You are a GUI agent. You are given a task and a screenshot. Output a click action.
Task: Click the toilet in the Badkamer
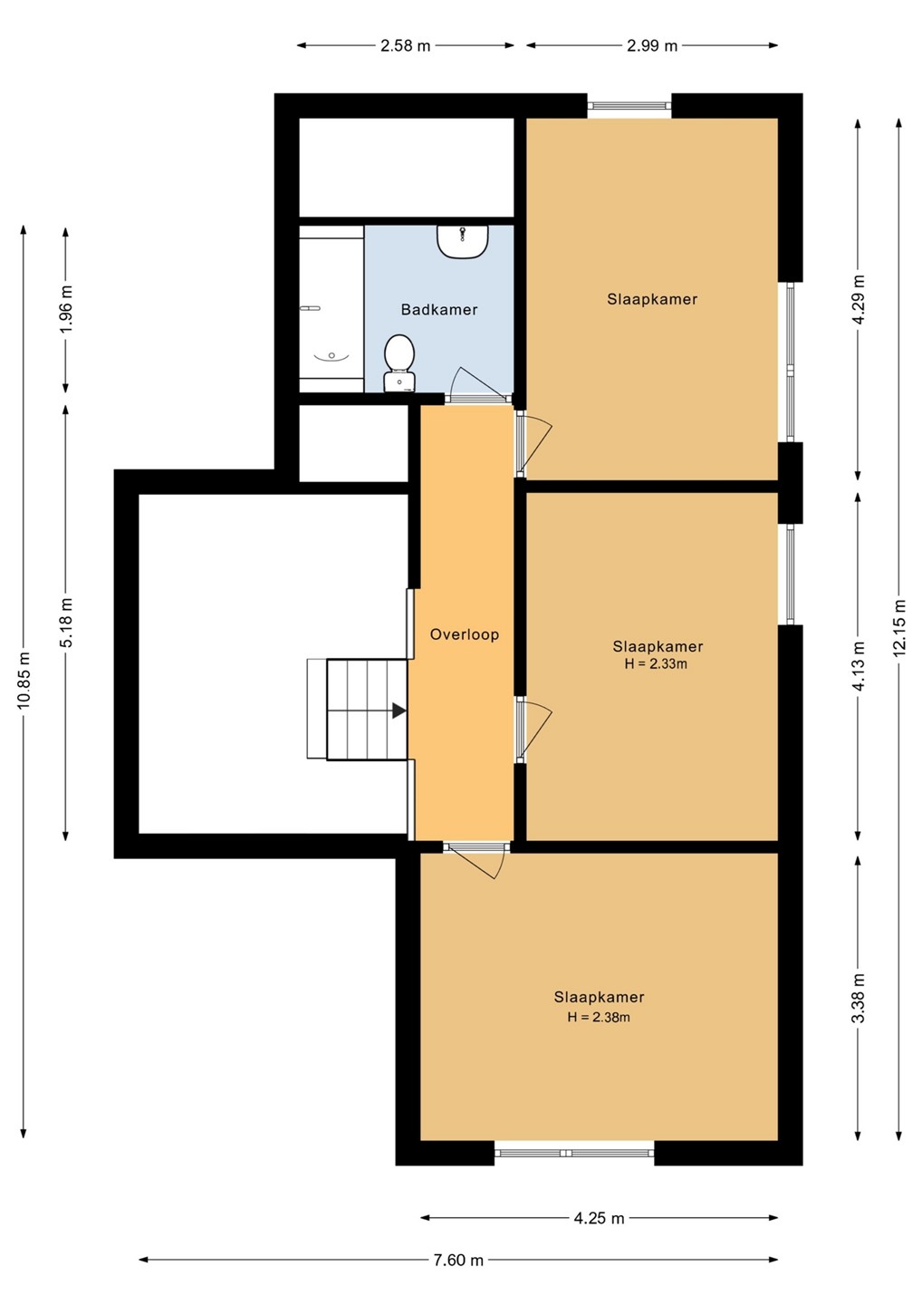click(399, 362)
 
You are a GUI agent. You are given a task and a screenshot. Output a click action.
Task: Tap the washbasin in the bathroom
click(463, 242)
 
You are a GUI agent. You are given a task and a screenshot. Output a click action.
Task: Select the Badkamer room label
click(439, 309)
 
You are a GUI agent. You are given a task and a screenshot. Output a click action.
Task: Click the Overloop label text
click(465, 634)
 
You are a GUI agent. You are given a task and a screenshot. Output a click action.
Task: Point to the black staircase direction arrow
click(399, 710)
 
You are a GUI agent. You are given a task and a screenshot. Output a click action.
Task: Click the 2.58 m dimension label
click(405, 45)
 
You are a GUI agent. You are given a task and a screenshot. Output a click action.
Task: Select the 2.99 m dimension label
click(652, 45)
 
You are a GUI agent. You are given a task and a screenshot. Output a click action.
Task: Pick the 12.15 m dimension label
click(899, 627)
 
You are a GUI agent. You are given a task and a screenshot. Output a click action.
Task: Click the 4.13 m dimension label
click(858, 665)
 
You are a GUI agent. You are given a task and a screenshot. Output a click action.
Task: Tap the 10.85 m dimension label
click(24, 681)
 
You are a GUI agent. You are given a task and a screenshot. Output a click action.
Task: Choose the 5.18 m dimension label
click(66, 623)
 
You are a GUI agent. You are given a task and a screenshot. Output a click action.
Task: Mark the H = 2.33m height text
click(656, 663)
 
